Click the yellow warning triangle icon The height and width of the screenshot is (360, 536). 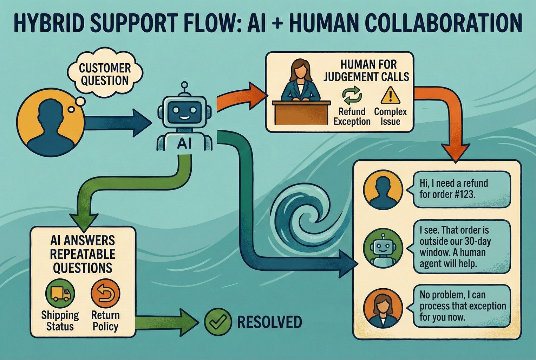pyautogui.click(x=390, y=95)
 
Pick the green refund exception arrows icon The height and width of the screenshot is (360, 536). pyautogui.click(x=352, y=96)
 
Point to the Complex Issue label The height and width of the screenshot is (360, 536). pyautogui.click(x=390, y=116)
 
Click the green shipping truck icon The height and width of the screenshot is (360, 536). pyautogui.click(x=60, y=294)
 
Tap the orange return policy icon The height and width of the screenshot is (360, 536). pyautogui.click(x=105, y=294)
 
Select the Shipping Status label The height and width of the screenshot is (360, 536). pyautogui.click(x=60, y=320)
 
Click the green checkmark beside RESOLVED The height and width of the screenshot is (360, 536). pyautogui.click(x=218, y=321)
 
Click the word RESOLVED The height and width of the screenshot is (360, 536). pyautogui.click(x=269, y=322)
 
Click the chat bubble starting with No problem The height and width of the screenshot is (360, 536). pyautogui.click(x=462, y=306)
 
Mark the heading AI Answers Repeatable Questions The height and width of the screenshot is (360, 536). pyautogui.click(x=83, y=254)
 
